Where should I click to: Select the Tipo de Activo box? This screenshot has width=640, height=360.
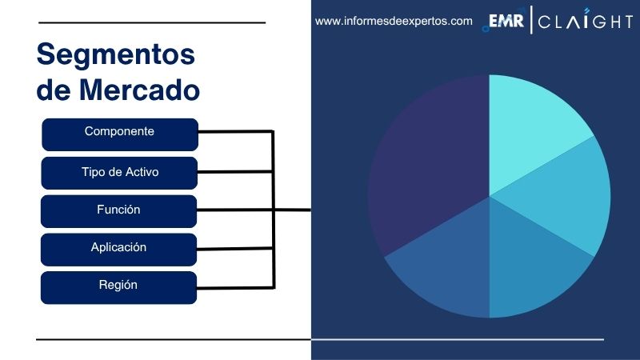(119, 172)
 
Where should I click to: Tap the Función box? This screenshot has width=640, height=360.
(119, 210)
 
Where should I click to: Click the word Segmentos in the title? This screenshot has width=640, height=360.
(116, 55)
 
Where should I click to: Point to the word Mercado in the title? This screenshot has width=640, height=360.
(139, 90)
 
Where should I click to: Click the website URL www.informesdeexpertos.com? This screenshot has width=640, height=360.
(394, 22)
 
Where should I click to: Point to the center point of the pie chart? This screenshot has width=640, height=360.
(489, 196)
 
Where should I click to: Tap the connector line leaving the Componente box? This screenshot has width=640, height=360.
(236, 131)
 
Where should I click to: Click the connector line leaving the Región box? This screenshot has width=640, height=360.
(236, 286)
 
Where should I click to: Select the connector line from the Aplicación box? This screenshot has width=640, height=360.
(236, 248)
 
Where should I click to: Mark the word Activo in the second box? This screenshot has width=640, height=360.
(139, 172)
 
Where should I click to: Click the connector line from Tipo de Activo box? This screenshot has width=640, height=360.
(236, 170)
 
